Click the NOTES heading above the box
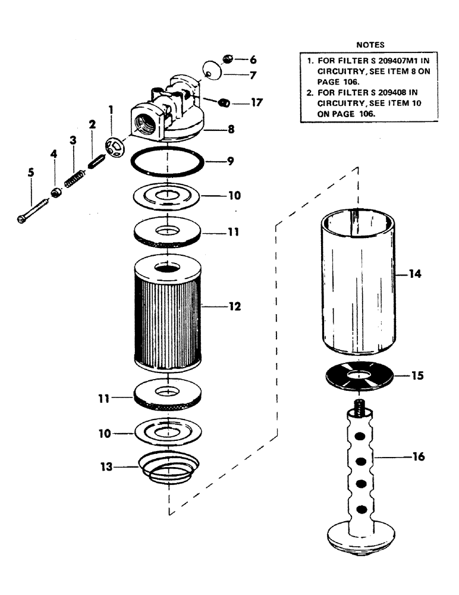[370, 45]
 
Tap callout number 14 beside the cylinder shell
[414, 274]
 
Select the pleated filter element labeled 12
[168, 309]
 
